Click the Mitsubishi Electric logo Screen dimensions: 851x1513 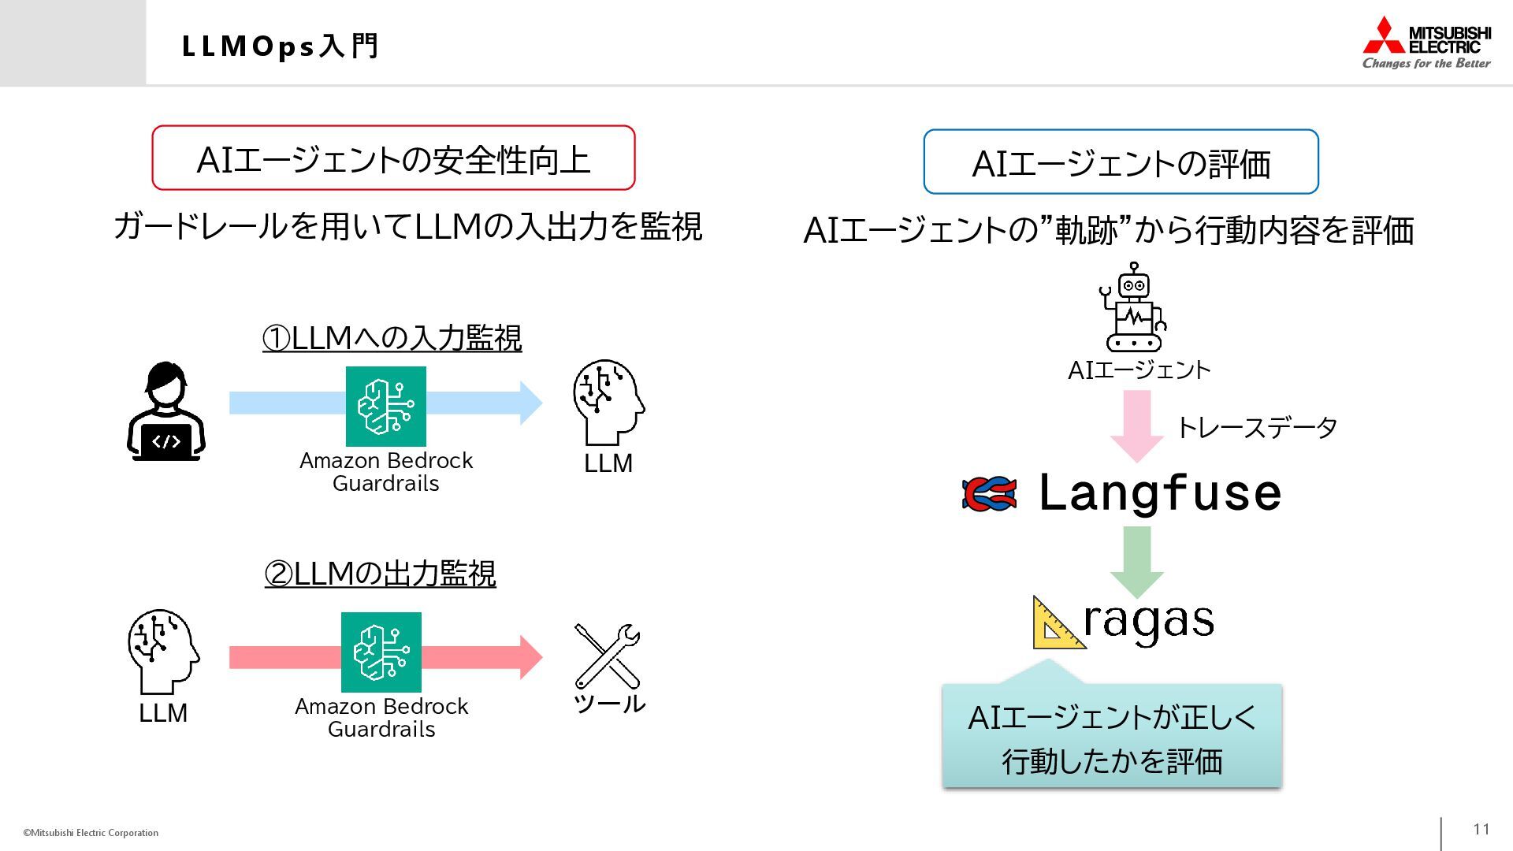click(x=1426, y=43)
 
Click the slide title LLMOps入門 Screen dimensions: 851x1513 click(x=281, y=46)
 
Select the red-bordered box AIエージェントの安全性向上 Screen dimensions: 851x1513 click(x=393, y=158)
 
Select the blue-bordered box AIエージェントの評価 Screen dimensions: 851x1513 click(x=1121, y=162)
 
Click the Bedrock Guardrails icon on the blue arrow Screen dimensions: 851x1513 click(x=386, y=406)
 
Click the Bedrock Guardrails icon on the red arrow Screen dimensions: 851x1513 click(x=381, y=652)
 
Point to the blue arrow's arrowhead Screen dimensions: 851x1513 click(x=530, y=403)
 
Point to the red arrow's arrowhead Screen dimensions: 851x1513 click(x=530, y=657)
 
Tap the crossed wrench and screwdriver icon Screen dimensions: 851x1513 click(x=608, y=656)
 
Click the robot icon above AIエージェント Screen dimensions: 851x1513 click(x=1133, y=308)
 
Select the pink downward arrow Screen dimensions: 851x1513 click(x=1136, y=425)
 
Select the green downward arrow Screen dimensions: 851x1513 click(x=1136, y=562)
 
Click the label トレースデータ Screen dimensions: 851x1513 click(x=1257, y=428)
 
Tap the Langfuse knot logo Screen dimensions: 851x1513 click(x=989, y=494)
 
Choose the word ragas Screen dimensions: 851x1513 click(x=1148, y=622)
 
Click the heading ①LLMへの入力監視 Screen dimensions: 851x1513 click(x=392, y=338)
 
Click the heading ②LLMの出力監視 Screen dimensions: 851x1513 click(x=380, y=574)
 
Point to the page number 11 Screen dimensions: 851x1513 click(x=1481, y=829)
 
